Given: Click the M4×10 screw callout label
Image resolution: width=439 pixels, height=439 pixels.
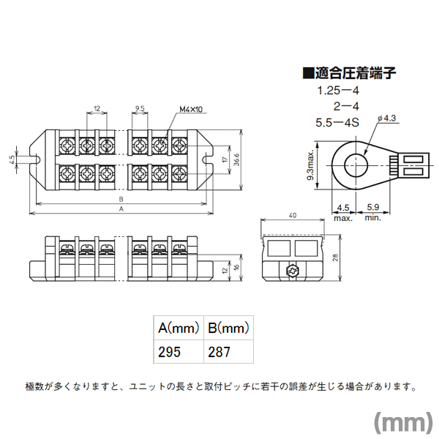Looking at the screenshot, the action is click(191, 109).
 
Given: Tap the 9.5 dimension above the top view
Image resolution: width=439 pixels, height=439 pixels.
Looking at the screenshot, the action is click(140, 108).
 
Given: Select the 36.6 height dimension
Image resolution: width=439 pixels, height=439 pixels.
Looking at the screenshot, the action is click(236, 160).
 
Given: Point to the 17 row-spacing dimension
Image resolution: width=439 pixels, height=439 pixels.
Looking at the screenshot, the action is click(225, 160).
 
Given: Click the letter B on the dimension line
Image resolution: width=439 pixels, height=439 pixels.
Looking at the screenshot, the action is click(121, 199).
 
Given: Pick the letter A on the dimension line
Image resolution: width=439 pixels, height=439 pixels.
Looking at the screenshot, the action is click(121, 209).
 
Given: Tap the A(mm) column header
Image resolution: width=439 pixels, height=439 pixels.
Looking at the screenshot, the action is click(179, 328).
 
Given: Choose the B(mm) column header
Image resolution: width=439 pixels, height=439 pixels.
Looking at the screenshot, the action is click(228, 328).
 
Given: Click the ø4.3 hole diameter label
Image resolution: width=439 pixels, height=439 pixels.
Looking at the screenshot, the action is click(386, 118).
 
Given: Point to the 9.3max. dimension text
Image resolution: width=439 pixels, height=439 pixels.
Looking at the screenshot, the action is click(311, 165).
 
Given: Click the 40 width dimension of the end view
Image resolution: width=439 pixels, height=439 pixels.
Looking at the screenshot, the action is click(292, 215).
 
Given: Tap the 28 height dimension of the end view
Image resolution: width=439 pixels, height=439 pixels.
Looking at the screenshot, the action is click(336, 258).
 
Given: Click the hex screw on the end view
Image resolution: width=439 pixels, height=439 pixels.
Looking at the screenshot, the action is click(293, 271).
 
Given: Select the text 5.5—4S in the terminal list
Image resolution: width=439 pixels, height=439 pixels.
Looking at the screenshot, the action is click(337, 123).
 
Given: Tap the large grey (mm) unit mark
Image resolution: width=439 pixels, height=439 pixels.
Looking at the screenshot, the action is click(403, 423).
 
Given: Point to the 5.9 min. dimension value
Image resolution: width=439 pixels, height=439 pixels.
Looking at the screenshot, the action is click(373, 207).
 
